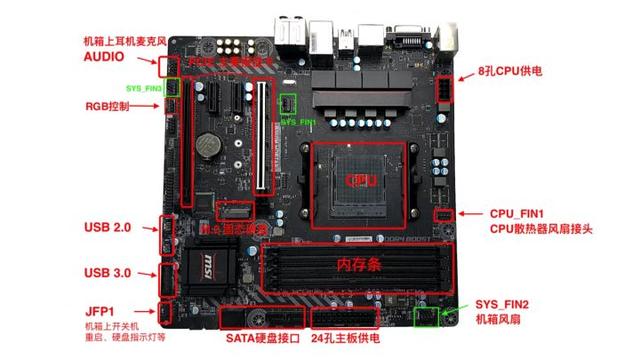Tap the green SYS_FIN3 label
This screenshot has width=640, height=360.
point(146,89)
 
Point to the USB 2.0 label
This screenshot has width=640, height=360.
point(107,228)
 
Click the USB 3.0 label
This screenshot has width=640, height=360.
point(107,273)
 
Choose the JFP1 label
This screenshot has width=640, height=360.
point(99,311)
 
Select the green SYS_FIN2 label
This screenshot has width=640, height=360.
point(501,303)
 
